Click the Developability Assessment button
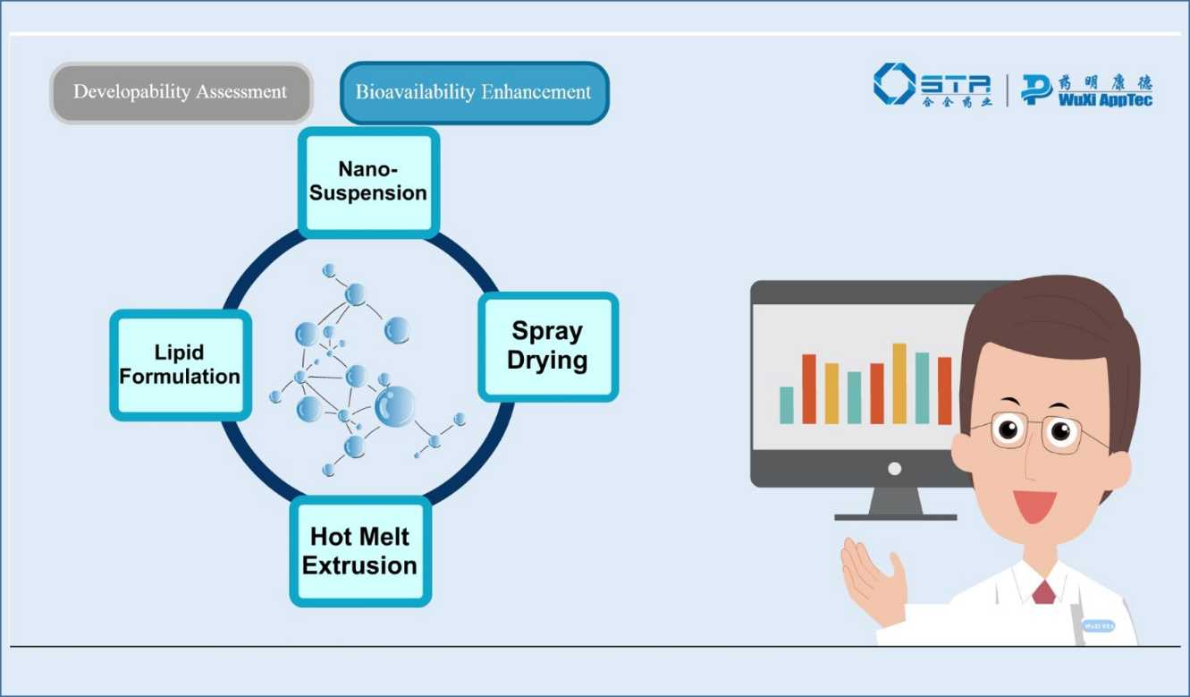(x=181, y=92)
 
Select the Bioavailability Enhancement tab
(x=474, y=92)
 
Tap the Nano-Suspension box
(x=368, y=182)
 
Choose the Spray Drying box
(x=548, y=345)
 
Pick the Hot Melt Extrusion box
(x=360, y=551)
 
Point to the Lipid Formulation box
(x=180, y=364)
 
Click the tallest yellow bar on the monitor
(x=899, y=383)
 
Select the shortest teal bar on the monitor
(x=787, y=404)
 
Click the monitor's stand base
(x=895, y=515)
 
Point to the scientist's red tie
(x=1042, y=591)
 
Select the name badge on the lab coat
(x=1098, y=626)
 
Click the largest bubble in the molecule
(x=393, y=407)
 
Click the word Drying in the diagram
(x=548, y=361)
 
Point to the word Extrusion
(x=360, y=565)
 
